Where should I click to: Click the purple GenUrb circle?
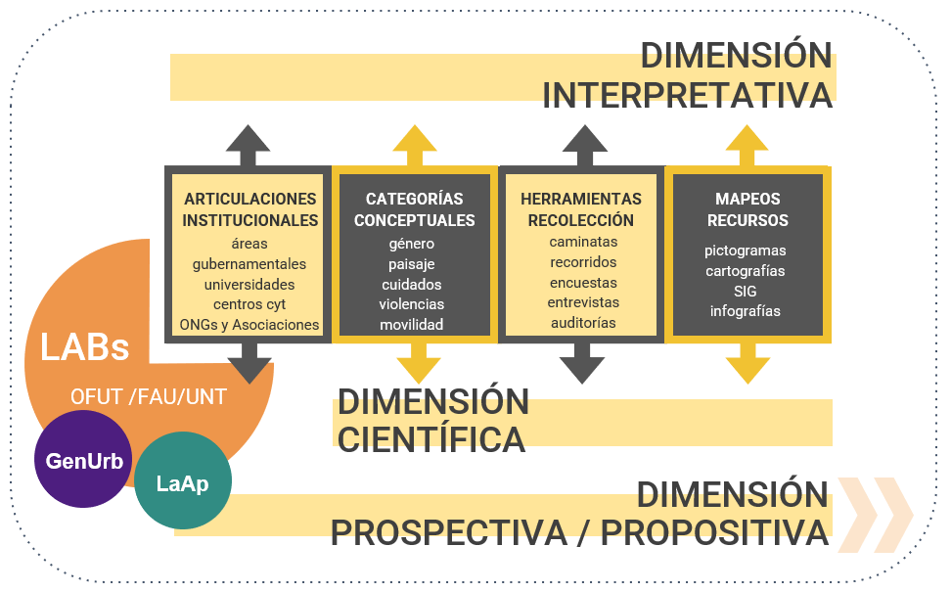coord(82,460)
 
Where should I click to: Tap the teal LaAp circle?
coord(183,482)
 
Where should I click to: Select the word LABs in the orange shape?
coord(85,346)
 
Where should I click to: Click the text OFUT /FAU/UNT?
coord(148,396)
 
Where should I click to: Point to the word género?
coord(412,244)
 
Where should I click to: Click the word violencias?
coord(412,304)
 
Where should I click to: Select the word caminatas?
coord(583,242)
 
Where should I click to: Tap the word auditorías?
coord(583,322)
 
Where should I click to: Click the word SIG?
coord(746,291)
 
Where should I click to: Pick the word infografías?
coord(746,311)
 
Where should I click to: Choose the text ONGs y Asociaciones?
coord(249,324)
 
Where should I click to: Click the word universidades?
coord(249,284)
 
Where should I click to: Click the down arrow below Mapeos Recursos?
coord(747,363)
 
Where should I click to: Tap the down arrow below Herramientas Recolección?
coord(582,363)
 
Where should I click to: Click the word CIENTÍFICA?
coord(431,438)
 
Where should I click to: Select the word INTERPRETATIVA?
coord(687,96)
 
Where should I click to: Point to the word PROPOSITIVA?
coord(714,533)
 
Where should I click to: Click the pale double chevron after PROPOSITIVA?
coord(874,515)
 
